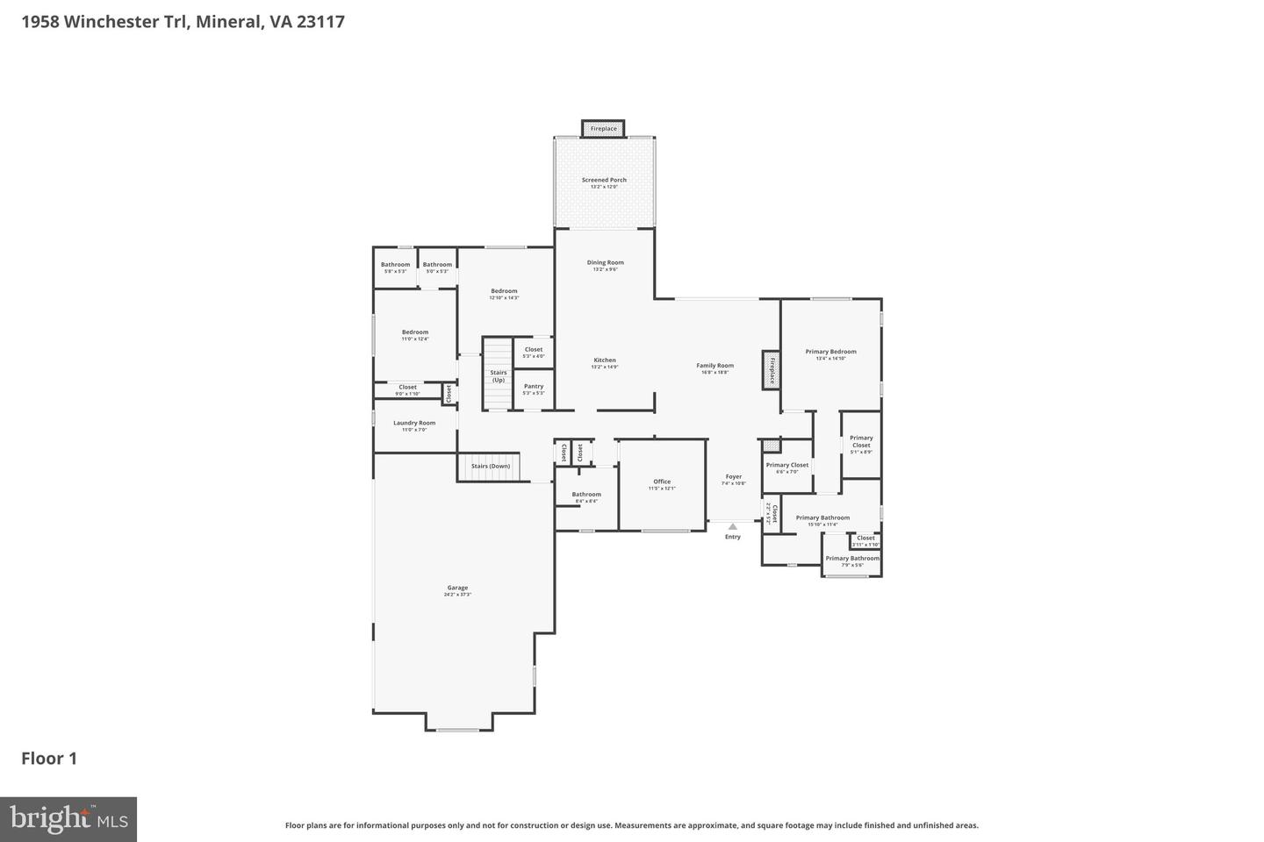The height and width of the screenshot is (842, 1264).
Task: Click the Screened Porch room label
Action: click(604, 182)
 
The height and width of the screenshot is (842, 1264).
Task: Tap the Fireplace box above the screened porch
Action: click(603, 129)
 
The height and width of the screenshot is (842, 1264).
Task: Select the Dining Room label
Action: click(605, 265)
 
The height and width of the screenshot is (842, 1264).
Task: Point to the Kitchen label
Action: click(605, 362)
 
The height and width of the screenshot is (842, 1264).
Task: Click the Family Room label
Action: click(715, 368)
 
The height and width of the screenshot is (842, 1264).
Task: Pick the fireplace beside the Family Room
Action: click(772, 370)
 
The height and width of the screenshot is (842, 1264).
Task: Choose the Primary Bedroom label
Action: click(830, 354)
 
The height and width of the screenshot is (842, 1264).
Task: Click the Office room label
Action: click(662, 484)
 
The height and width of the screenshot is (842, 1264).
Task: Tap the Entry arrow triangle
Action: click(733, 526)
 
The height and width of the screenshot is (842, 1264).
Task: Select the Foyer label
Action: click(733, 480)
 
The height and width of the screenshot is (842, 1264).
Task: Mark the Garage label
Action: click(457, 590)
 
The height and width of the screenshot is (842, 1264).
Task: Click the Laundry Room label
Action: click(414, 425)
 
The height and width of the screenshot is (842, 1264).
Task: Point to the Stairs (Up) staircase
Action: click(498, 375)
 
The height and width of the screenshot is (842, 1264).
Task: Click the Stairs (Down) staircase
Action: click(490, 467)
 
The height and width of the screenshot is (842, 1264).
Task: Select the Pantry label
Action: click(534, 389)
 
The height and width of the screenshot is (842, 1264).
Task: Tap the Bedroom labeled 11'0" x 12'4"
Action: click(415, 335)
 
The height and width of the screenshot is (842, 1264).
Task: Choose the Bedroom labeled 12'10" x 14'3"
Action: click(504, 294)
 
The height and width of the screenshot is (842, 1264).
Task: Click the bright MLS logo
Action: click(68, 819)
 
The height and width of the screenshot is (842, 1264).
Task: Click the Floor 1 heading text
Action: click(49, 759)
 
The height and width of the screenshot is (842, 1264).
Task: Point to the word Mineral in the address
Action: click(227, 21)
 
